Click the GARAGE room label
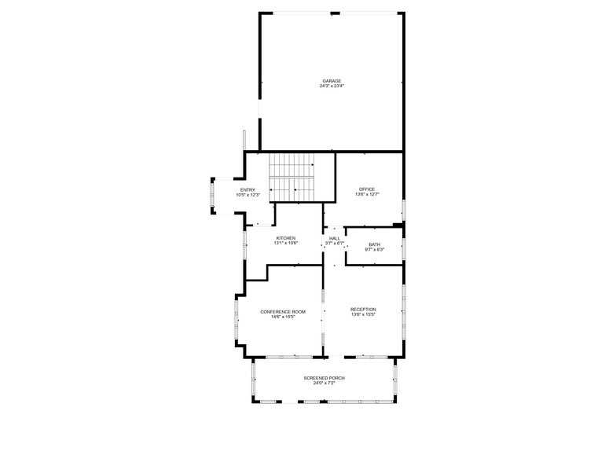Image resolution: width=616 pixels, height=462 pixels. click(332, 81)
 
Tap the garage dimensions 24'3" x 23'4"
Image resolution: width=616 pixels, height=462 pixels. click(332, 86)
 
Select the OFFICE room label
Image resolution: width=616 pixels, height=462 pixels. click(367, 189)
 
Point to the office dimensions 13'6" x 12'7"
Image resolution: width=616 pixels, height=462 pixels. click(367, 194)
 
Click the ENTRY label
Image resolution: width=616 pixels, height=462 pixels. click(247, 189)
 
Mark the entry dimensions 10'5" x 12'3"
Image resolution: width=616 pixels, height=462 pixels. click(247, 195)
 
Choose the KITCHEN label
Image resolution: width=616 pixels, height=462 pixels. click(286, 238)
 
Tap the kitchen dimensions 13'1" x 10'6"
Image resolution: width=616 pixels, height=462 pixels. click(286, 244)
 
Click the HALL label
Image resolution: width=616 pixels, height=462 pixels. click(335, 238)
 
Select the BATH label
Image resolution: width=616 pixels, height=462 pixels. click(374, 244)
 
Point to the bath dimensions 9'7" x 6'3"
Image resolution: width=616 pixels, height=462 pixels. click(374, 250)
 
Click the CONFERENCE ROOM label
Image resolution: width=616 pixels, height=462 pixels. click(283, 311)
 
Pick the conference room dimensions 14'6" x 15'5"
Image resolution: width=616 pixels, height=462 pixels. click(283, 317)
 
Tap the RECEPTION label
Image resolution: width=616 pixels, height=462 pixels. click(363, 310)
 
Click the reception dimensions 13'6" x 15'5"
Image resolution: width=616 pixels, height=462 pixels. click(363, 315)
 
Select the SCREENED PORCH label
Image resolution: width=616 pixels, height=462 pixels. click(324, 378)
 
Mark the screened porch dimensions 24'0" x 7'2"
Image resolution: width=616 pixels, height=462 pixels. click(324, 383)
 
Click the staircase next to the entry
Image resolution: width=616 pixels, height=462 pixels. click(293, 178)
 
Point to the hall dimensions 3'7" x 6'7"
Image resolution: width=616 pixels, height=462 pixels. click(335, 244)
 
